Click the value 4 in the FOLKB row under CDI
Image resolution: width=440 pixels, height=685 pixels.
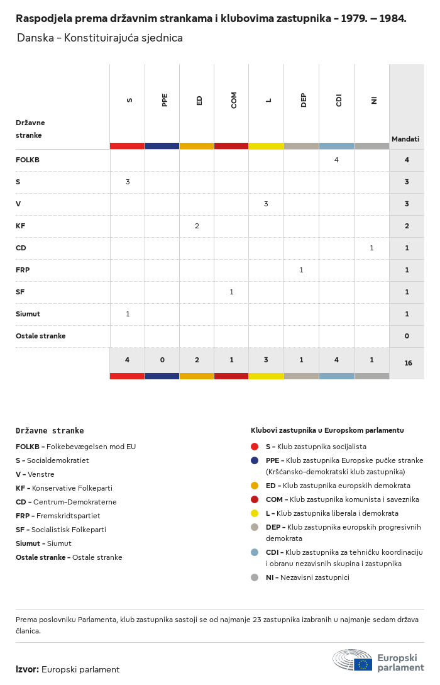tap(336, 160)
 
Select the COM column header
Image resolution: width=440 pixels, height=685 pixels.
tap(234, 100)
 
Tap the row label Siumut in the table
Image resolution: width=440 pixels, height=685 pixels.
tap(28, 314)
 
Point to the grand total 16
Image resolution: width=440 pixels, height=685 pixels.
tap(408, 363)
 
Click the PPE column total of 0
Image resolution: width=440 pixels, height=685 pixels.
tap(162, 360)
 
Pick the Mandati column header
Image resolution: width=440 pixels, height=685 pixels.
tap(405, 139)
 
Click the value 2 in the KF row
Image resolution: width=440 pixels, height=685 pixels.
tap(197, 226)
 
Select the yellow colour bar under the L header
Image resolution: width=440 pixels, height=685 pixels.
tap(267, 146)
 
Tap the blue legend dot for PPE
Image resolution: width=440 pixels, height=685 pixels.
tap(255, 460)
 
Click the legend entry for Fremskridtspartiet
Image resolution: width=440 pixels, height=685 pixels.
tap(58, 516)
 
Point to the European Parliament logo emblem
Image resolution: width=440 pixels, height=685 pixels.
tap(353, 660)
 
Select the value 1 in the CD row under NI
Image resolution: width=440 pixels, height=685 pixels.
tap(372, 248)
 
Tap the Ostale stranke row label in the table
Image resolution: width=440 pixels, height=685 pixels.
tap(41, 336)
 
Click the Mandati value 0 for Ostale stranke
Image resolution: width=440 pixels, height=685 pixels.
tap(407, 336)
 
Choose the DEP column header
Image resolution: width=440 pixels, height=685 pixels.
tap(304, 100)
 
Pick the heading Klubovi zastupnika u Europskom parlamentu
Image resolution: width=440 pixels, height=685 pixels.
tap(327, 430)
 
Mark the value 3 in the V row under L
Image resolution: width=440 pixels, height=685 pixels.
tap(267, 204)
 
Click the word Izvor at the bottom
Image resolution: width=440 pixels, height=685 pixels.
tap(28, 669)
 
